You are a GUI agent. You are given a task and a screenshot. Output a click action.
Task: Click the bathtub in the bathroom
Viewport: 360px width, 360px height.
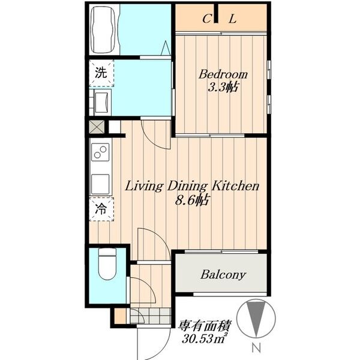[103, 30]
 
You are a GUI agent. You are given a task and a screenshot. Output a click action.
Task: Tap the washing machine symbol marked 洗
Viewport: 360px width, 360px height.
[101, 73]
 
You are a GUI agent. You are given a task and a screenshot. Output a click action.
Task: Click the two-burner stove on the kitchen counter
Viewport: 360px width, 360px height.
[100, 152]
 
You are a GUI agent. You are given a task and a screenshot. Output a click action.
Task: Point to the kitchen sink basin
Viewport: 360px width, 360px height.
[100, 184]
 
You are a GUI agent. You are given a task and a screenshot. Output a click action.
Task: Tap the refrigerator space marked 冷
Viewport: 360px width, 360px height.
[101, 209]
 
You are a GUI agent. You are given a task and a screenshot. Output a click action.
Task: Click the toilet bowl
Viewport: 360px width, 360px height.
[107, 265]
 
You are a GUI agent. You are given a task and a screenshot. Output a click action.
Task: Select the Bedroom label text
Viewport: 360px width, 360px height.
[223, 74]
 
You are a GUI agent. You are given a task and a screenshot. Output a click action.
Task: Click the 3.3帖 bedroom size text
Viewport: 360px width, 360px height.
[223, 88]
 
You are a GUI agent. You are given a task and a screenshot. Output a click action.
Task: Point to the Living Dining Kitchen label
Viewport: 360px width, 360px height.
[192, 186]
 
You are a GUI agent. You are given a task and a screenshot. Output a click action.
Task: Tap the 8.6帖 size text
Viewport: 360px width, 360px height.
[192, 200]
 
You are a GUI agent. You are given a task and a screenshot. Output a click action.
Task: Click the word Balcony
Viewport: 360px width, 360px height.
[223, 275]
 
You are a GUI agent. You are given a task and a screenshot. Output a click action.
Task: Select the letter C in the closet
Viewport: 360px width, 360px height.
[207, 19]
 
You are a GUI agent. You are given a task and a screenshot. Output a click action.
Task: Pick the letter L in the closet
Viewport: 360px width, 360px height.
[232, 19]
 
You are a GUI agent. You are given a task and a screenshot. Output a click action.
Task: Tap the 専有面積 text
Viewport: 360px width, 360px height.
[205, 326]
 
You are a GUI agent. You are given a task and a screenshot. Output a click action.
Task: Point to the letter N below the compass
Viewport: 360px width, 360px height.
[256, 348]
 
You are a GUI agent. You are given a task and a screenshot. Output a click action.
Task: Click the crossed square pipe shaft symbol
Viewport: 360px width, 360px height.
[97, 127]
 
